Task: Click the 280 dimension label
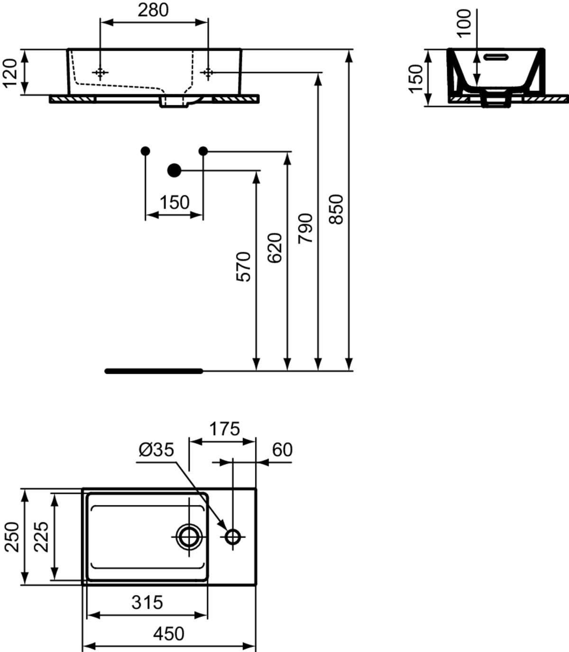pos(153,10)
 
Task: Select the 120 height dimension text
pos(9,73)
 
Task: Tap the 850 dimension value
pos(337,210)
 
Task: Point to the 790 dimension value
pos(305,228)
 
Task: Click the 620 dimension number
pos(275,248)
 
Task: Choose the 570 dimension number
pos(243,266)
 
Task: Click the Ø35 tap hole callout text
pos(156,450)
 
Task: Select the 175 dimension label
pos(224,429)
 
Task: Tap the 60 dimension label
pos(282,450)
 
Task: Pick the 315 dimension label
pos(147,602)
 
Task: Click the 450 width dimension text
pos(169,634)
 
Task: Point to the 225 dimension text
pos(41,537)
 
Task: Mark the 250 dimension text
pos(12,537)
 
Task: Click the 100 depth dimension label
pos(464,23)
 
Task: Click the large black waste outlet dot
pos(174,171)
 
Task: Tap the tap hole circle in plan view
pos(233,537)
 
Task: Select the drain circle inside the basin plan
pos(189,537)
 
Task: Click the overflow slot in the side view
pos(496,57)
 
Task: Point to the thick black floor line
pos(154,371)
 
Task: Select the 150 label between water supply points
pos(174,202)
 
